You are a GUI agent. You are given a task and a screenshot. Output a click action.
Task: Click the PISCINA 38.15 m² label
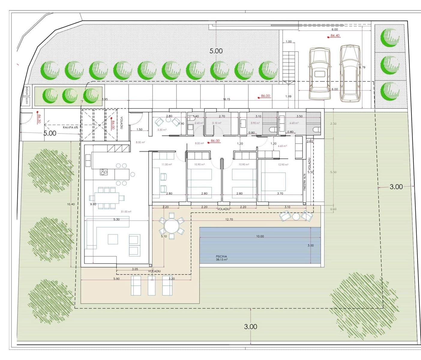(221, 258)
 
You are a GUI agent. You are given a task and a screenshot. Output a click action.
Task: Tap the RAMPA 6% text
(71, 127)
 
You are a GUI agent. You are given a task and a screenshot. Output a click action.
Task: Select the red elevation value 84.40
(335, 36)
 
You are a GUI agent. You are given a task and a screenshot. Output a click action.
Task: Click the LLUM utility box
(27, 101)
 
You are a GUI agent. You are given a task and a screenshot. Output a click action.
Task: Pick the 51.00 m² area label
(126, 211)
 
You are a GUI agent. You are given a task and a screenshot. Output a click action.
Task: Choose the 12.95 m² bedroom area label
(283, 165)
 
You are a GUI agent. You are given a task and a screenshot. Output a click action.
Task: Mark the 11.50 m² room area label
(167, 164)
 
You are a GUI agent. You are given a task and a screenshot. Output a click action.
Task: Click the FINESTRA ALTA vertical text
(305, 182)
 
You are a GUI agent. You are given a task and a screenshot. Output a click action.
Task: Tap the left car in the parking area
(320, 74)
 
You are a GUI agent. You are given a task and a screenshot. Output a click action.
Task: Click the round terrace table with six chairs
(171, 226)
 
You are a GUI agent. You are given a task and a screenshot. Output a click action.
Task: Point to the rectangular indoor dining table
(107, 198)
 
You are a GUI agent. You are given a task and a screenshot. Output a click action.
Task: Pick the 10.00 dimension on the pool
(260, 236)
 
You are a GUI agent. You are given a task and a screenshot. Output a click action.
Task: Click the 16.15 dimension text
(227, 99)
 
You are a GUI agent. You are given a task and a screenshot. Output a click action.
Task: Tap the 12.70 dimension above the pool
(229, 219)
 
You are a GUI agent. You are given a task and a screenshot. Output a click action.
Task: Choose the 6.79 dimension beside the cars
(362, 67)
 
